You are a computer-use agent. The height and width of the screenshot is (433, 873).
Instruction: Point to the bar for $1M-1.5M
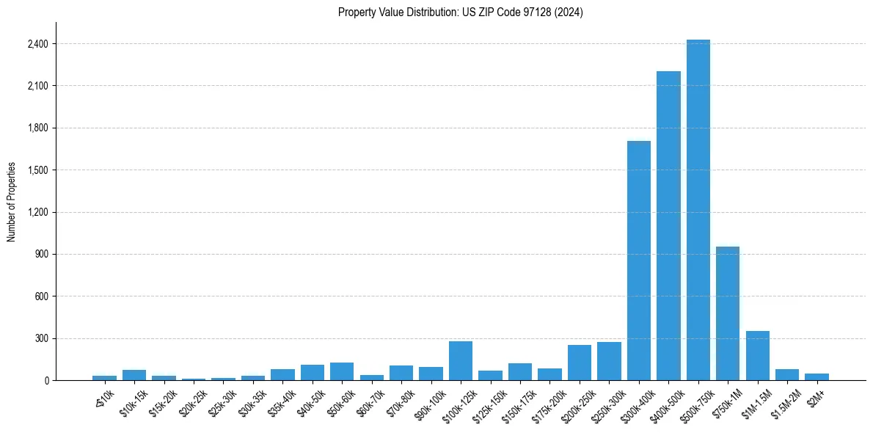[x=757, y=356]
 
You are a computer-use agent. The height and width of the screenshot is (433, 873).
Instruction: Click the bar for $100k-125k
[x=461, y=361]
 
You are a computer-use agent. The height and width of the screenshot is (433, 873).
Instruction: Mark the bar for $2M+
[x=817, y=377]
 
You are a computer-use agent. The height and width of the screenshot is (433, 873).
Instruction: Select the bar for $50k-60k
[x=342, y=371]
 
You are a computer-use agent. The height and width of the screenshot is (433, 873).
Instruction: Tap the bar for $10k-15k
[x=134, y=375]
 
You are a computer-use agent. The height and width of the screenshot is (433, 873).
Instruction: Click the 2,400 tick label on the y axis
[x=37, y=44]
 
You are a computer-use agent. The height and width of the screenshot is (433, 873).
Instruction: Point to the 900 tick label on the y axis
[x=41, y=255]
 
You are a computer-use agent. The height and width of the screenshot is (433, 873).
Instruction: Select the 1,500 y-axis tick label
[x=37, y=170]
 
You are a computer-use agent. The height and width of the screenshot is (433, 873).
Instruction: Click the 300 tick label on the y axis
[x=41, y=339]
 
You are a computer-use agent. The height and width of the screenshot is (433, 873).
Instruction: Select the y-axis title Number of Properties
[x=12, y=202]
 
